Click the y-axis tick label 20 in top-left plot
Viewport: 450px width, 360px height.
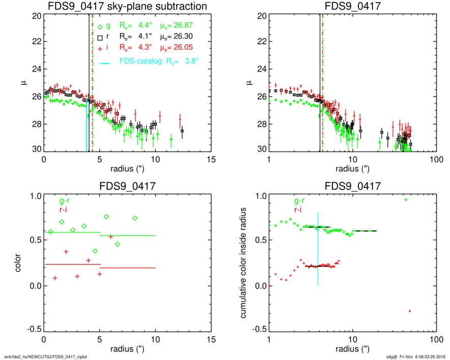click(36, 16)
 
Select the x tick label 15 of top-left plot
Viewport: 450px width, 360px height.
click(212, 159)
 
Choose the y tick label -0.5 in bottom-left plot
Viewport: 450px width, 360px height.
click(34, 329)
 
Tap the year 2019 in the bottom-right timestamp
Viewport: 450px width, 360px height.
click(441, 356)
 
